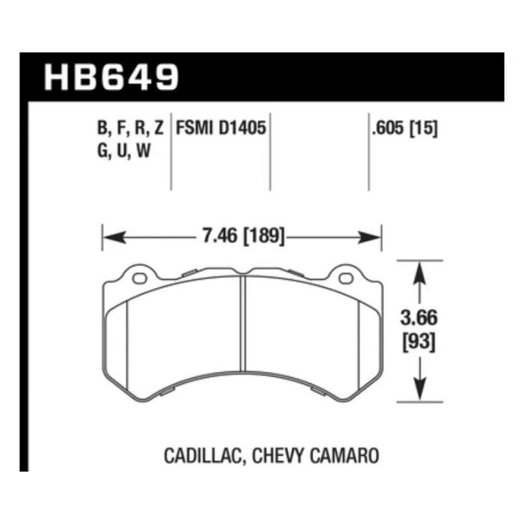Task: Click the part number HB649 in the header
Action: (112, 78)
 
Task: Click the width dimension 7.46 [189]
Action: (241, 237)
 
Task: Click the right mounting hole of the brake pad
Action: (345, 279)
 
